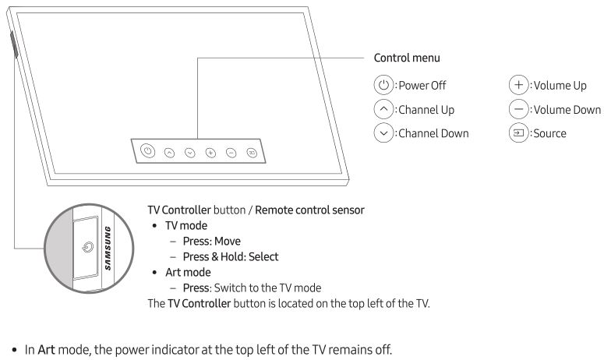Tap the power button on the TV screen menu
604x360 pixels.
(147, 150)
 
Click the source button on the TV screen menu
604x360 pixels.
(252, 152)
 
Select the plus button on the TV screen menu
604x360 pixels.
(210, 152)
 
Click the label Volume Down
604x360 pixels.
(566, 110)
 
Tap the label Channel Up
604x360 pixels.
(427, 110)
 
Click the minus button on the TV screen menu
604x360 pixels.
(231, 152)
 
